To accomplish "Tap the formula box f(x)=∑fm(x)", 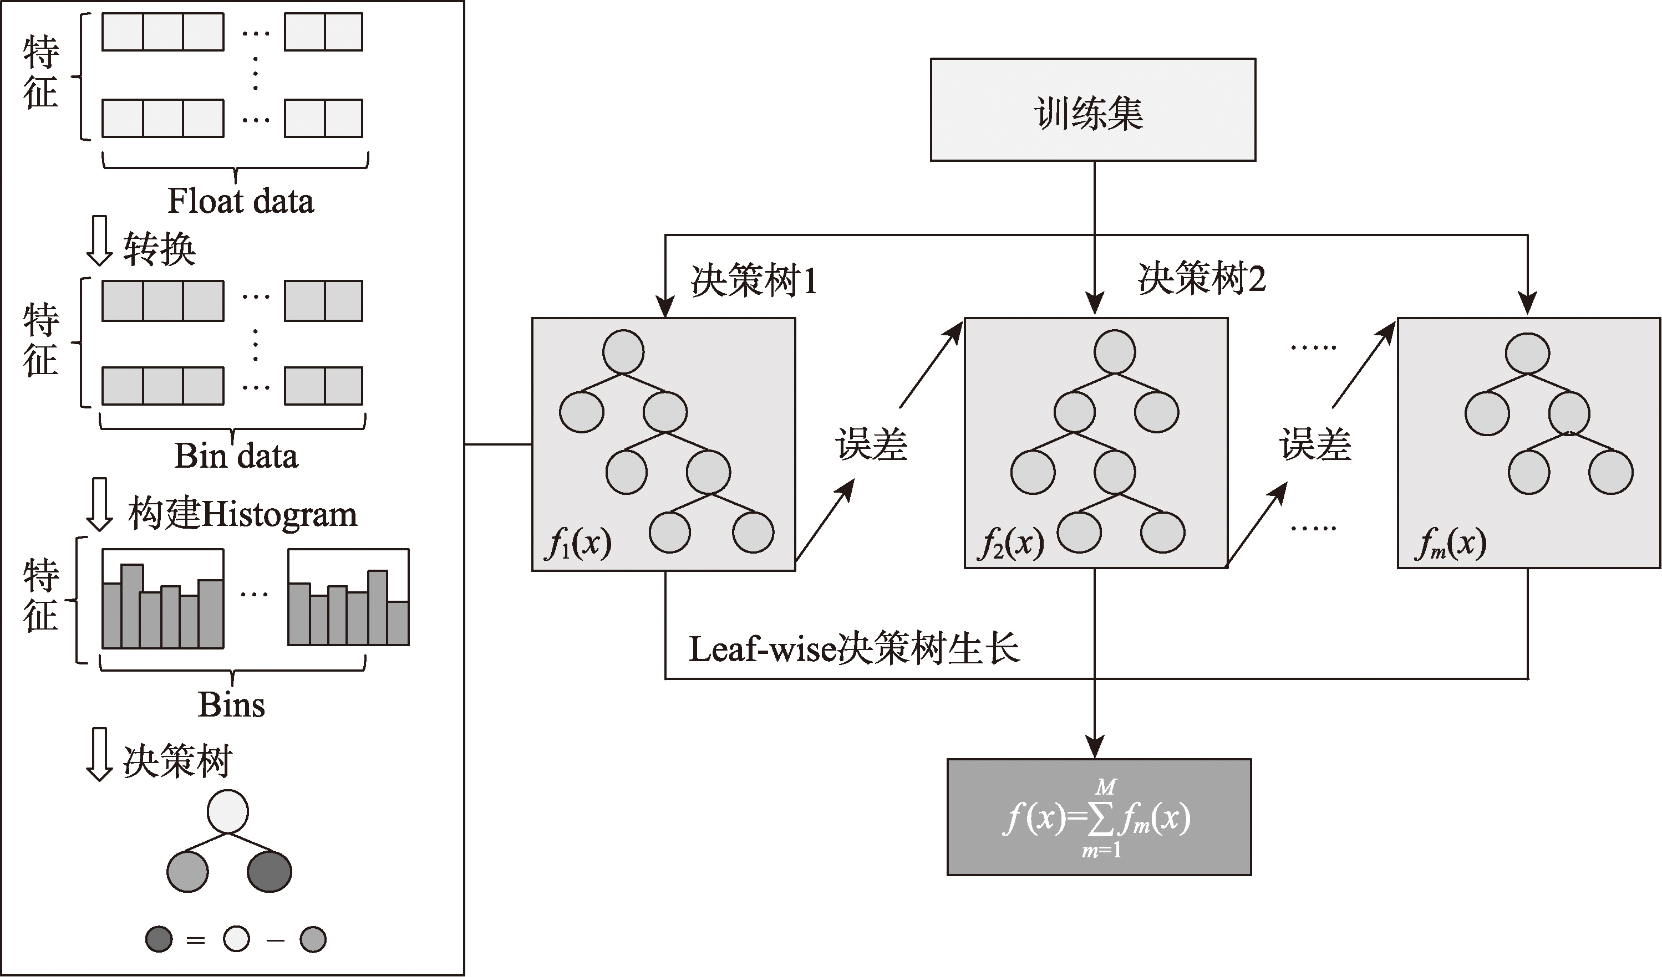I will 1099,817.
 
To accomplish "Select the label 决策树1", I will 754,280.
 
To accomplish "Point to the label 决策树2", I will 1201,278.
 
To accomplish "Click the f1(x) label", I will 578,544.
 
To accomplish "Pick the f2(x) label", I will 1010,544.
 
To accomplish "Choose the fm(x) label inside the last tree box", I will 1450,544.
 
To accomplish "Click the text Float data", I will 241,201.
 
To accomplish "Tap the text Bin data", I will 236,456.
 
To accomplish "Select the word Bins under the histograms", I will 231,705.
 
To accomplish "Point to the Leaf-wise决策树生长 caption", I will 854,649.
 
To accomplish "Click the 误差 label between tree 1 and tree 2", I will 871,444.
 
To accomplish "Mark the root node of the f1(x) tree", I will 623,352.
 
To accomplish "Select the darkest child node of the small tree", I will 269,872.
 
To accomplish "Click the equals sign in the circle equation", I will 196,940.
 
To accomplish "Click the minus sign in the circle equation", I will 275,940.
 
